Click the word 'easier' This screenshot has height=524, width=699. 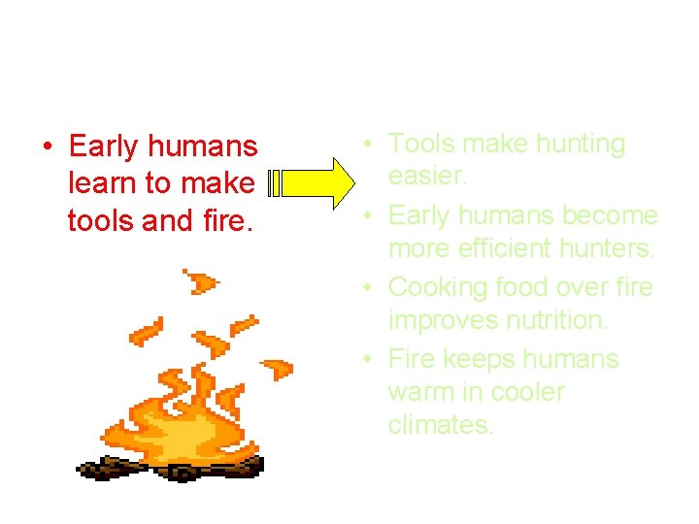pyautogui.click(x=427, y=177)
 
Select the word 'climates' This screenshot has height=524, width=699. pyautogui.click(x=440, y=425)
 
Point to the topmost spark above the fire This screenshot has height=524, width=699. pyautogui.click(x=201, y=282)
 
